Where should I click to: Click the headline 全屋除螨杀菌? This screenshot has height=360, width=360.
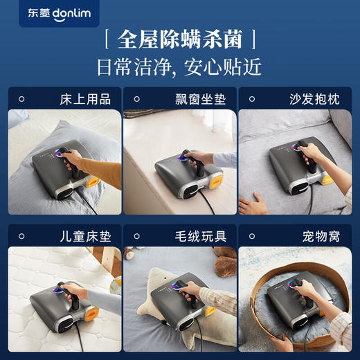coord(180,37)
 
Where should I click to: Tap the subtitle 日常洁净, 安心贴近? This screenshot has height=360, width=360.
coord(180,67)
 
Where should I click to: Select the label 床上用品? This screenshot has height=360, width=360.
coord(85,99)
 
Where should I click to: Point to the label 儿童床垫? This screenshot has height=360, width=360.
coord(85,236)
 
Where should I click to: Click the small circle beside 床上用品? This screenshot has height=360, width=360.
coord(21,99)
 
